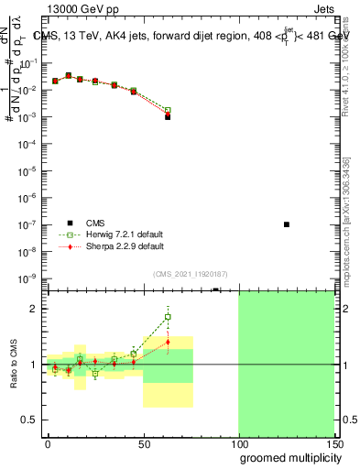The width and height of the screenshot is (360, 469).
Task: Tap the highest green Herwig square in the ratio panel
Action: click(x=168, y=317)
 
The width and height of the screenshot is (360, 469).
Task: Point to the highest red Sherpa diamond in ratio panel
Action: click(x=168, y=342)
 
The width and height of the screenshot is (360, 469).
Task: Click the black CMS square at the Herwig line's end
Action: click(x=168, y=117)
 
